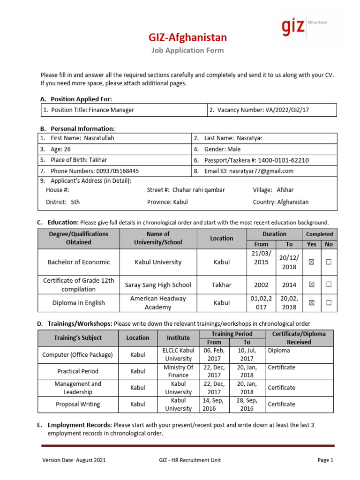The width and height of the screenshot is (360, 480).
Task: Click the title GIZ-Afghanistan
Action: pos(187,37)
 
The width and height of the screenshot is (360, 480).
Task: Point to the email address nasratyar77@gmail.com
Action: pos(264,171)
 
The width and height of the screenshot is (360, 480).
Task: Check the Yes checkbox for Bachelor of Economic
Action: pos(311,262)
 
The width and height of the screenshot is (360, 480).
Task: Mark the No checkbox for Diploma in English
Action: pos(329,303)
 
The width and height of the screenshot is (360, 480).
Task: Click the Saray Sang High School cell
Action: pos(158,285)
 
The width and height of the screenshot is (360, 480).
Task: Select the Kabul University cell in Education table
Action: pos(158,262)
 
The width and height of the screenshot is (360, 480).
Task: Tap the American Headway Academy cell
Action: pos(158,303)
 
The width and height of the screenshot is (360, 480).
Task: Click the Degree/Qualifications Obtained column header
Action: pos(79,238)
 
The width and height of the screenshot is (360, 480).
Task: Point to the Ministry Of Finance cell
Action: pos(179,371)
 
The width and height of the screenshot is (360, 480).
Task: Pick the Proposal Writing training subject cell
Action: pos(78,404)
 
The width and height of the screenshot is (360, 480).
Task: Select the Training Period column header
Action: pos(232,334)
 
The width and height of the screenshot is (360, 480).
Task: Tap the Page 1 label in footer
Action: pos(325,460)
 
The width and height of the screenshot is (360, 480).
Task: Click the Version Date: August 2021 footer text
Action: pos(74,460)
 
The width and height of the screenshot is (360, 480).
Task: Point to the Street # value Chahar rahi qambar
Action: pos(199,190)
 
